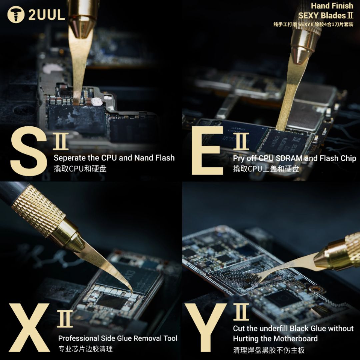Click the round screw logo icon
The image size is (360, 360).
click(x=16, y=15)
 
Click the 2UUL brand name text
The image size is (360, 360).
click(x=47, y=15)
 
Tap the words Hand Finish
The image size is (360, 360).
click(x=332, y=6)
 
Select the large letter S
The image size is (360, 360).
click(x=28, y=151)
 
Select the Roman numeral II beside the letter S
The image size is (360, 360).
click(x=61, y=141)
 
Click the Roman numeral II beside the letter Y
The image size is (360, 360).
click(x=241, y=312)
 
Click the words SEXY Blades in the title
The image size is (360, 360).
click(x=321, y=16)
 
